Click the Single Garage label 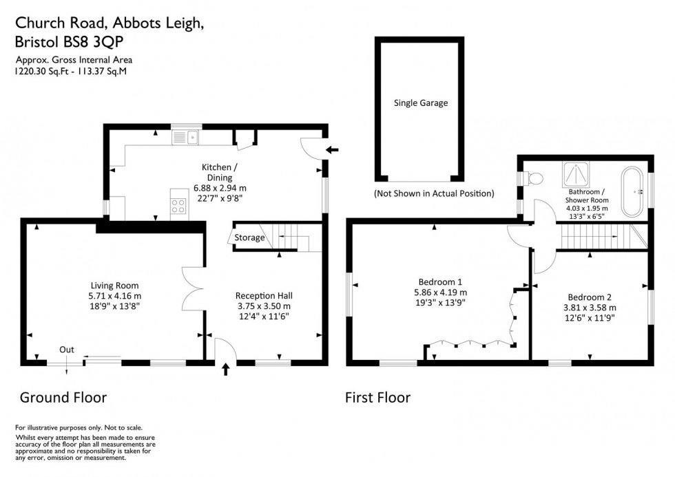pos(420,103)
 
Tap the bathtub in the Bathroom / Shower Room pos(632,187)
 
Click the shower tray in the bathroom pos(573,172)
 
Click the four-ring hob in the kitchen pos(178,205)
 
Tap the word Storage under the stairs pos(249,238)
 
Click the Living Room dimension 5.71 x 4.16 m pos(115,297)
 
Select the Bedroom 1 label pos(439,282)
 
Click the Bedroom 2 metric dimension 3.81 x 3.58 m pos(590,308)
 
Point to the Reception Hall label pos(264,295)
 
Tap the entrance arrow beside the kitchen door pos(333,149)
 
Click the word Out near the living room pos(66,350)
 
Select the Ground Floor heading pos(63,397)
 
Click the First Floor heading pos(377,397)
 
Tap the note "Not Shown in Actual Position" pos(433,193)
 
